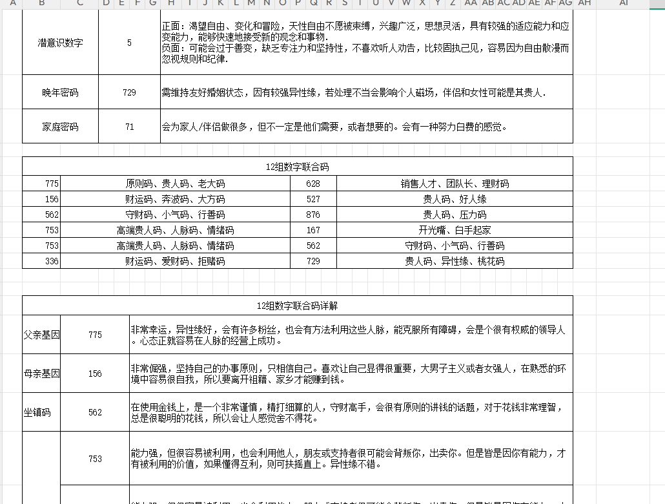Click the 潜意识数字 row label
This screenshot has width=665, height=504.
coord(60,43)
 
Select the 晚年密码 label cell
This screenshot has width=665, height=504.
coord(60,92)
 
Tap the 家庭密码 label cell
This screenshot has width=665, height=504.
coord(60,127)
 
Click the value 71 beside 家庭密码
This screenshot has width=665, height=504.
coord(129,127)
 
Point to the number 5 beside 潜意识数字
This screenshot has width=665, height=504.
coord(129,43)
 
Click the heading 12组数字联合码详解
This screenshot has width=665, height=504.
coord(297,306)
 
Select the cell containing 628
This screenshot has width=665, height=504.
coord(313,184)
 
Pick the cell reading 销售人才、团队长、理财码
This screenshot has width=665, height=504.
coord(455,184)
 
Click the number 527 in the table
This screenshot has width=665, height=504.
coord(313,199)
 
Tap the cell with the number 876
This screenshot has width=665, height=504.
coord(313,215)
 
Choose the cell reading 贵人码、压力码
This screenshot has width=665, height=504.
coord(455,215)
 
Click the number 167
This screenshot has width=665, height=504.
coord(313,230)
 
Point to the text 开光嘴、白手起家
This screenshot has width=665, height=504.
coord(455,230)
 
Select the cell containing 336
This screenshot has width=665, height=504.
coord(52,261)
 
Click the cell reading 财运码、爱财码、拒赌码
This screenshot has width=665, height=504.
coord(175,261)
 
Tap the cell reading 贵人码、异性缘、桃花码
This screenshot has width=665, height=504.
coord(455,261)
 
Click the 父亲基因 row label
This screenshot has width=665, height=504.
coord(41,335)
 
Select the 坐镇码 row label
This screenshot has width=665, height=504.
coord(37,412)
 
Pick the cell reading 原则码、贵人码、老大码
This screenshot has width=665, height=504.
coord(175,184)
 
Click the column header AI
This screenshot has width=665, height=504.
coord(623,4)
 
